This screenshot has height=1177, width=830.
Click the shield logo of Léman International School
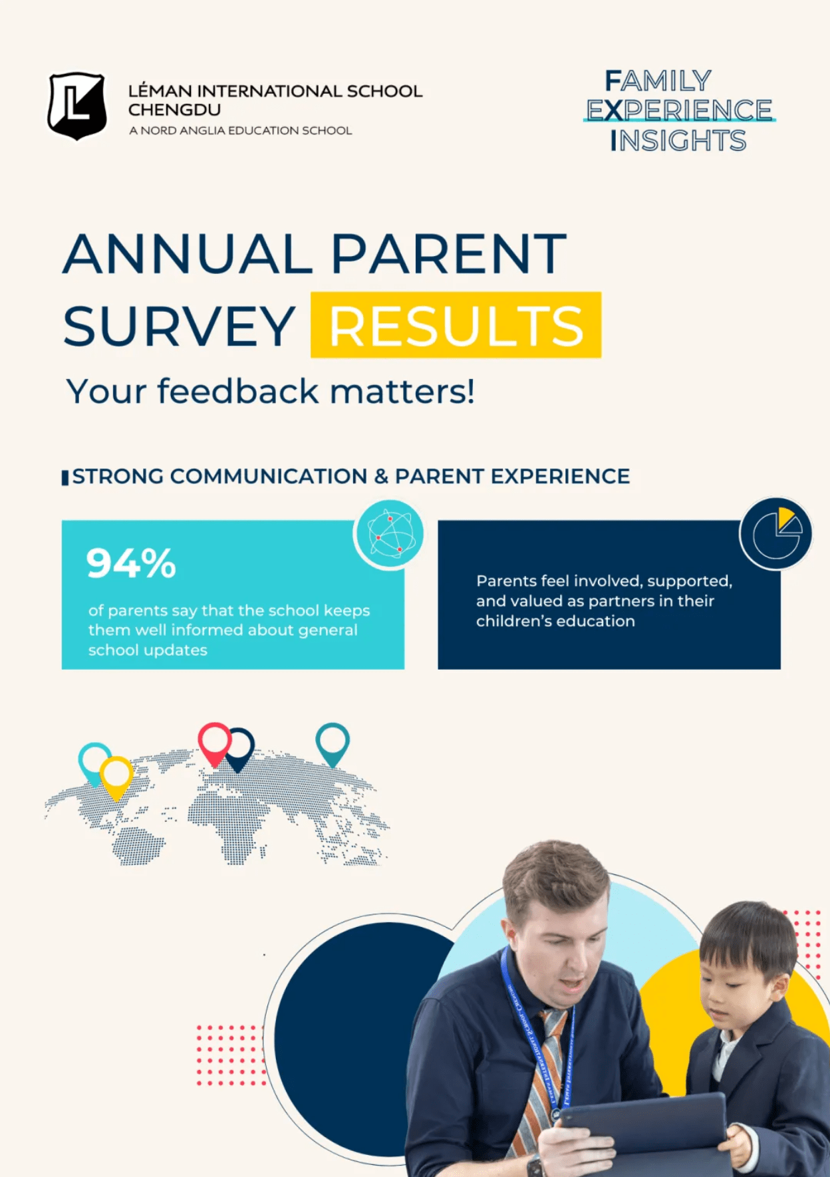[x=76, y=106]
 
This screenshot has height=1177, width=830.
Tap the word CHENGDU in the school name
[x=174, y=110]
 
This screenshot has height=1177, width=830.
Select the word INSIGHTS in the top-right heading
[x=678, y=141]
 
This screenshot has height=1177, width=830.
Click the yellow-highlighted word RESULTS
[x=456, y=326]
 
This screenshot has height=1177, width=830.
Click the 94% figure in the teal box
[x=131, y=563]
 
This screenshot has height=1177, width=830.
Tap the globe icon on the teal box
[x=389, y=535]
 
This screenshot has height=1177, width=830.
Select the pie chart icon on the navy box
[x=776, y=533]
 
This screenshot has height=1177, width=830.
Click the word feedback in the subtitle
[x=238, y=391]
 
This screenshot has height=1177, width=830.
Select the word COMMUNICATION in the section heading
[x=269, y=477]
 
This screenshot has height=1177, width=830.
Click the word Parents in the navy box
[x=506, y=581]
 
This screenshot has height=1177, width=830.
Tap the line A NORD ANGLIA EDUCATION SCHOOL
[x=240, y=131]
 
